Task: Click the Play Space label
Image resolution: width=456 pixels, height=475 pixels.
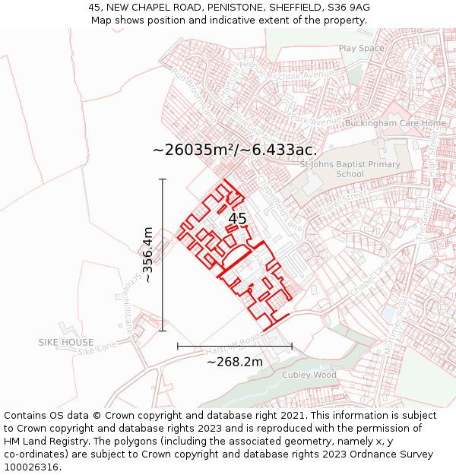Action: pos(362,49)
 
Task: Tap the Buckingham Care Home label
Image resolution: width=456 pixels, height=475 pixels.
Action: pos(395,123)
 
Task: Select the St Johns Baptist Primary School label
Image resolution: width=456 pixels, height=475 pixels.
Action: pos(350,169)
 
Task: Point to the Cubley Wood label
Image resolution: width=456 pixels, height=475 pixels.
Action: pos(309,375)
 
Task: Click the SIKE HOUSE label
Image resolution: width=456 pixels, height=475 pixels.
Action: pos(66,343)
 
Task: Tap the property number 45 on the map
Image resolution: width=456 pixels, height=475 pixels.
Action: pos(237,219)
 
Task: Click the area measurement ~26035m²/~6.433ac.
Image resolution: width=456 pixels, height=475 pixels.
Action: pos(235,150)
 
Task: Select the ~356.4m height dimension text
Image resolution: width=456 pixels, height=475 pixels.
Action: pos(148,255)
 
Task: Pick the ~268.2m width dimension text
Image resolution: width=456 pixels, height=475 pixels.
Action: pos(235,362)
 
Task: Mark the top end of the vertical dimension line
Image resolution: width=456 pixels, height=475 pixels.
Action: pos(163,179)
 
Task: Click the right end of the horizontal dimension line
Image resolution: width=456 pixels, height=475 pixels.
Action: pos(292,346)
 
